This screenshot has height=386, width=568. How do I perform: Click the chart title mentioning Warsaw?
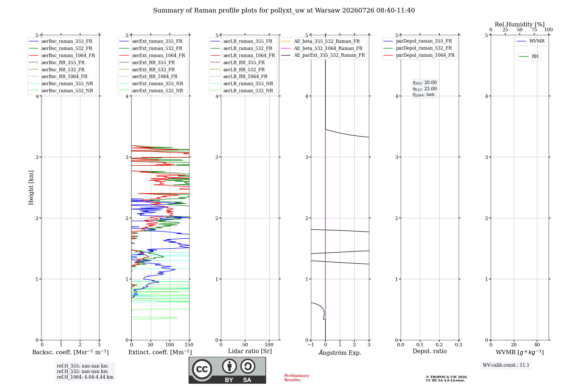[x=284, y=11]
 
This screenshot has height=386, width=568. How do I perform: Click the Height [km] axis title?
[x=31, y=188]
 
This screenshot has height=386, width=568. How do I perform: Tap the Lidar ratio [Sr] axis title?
[x=250, y=351]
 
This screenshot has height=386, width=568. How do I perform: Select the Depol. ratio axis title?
[x=430, y=351]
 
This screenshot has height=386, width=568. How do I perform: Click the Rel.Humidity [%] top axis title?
[x=520, y=24]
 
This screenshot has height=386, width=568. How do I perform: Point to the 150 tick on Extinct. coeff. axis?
[x=189, y=345]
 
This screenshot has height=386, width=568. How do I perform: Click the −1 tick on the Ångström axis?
[x=311, y=345]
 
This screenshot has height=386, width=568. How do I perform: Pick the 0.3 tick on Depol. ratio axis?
[x=459, y=345]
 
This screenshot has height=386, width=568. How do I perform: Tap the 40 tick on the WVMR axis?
[x=537, y=345]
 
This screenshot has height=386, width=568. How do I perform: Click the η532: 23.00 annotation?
[x=425, y=89]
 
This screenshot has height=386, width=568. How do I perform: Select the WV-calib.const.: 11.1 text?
[x=506, y=365]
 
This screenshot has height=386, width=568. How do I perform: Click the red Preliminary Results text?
[x=297, y=378]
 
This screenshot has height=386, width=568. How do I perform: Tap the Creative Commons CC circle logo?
[x=202, y=369]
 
